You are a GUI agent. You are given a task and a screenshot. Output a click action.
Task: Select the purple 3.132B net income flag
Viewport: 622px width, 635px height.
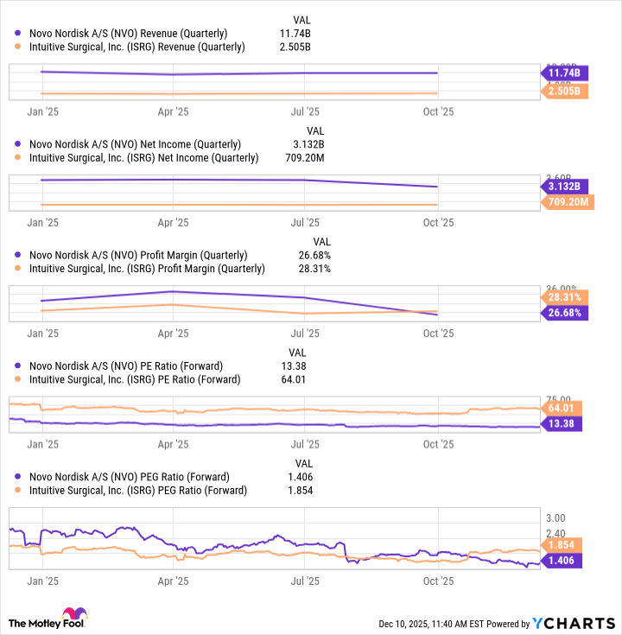click(x=566, y=187)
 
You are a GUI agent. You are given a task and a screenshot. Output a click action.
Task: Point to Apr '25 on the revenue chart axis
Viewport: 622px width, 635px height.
click(x=174, y=111)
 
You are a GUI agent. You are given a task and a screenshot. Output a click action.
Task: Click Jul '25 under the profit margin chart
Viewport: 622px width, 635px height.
click(x=306, y=333)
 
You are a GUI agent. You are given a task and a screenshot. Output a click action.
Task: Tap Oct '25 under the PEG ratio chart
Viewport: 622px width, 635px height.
click(x=438, y=581)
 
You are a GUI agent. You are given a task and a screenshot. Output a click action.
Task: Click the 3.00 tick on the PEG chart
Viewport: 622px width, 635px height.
click(x=556, y=517)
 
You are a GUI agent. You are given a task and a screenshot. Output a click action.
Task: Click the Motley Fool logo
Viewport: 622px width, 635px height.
click(x=52, y=622)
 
